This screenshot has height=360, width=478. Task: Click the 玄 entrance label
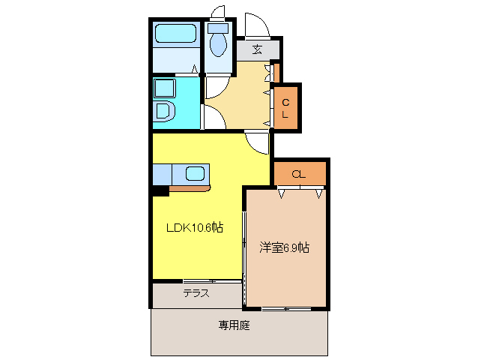(x=257, y=50)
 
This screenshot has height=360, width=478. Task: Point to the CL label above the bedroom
(x=298, y=174)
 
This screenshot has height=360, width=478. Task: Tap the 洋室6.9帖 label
(x=285, y=247)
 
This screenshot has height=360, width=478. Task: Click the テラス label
(x=196, y=294)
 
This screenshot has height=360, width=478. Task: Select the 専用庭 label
(x=235, y=325)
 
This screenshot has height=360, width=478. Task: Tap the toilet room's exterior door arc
(x=219, y=13)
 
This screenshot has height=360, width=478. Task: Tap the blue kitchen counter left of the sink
(x=162, y=174)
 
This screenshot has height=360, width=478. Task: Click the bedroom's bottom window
(x=285, y=308)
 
